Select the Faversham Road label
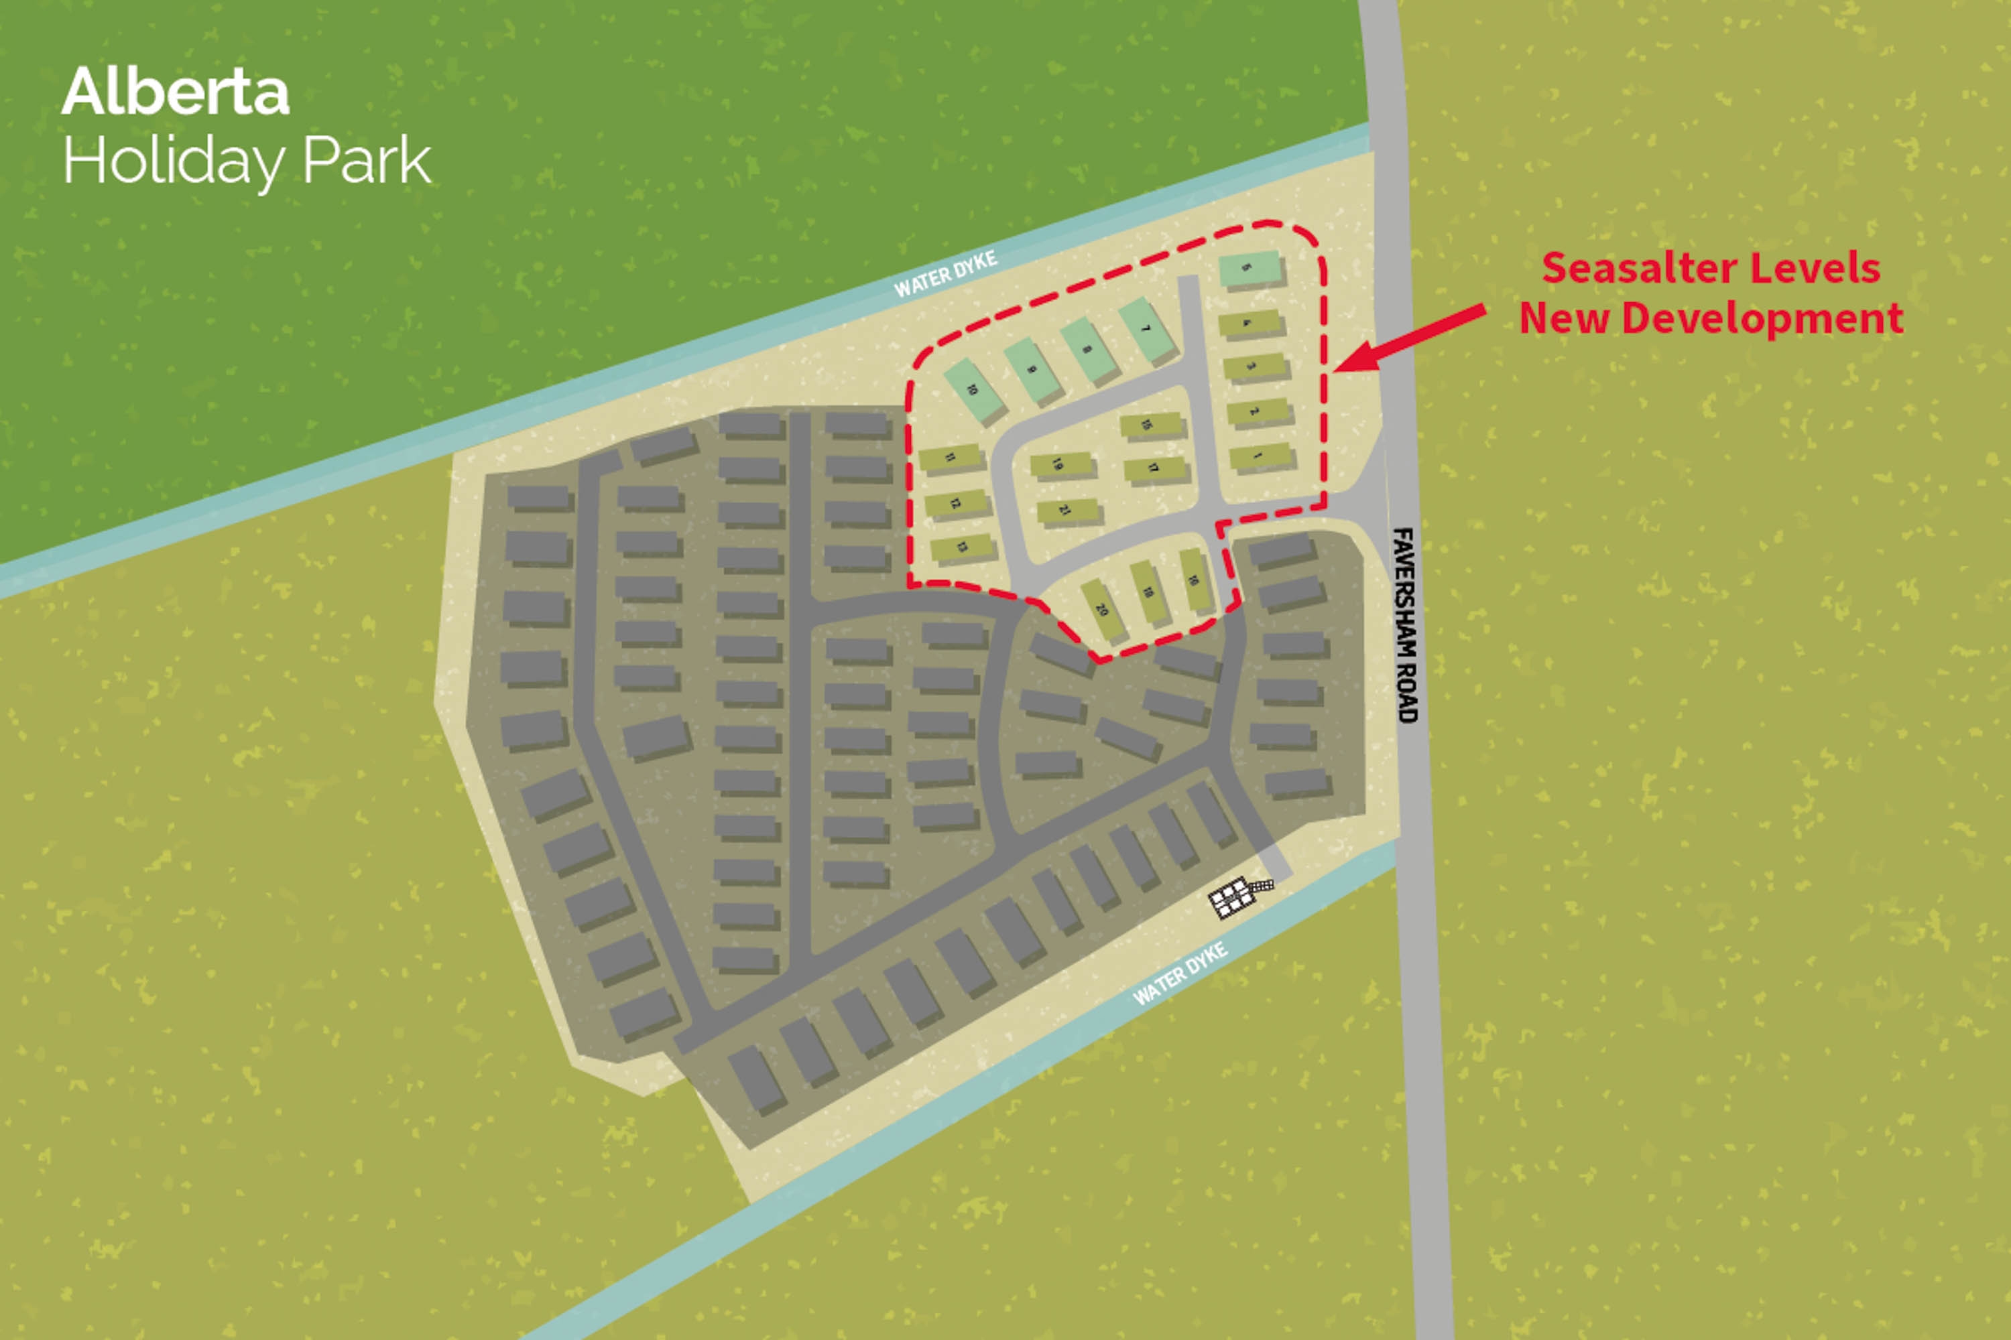click(1406, 624)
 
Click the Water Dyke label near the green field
click(944, 273)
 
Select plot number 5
click(1250, 269)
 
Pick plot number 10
click(974, 390)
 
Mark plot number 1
click(1261, 457)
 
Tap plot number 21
click(1067, 511)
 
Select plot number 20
click(1103, 609)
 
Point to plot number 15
click(1151, 425)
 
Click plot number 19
click(1061, 465)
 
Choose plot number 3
click(1254, 367)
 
